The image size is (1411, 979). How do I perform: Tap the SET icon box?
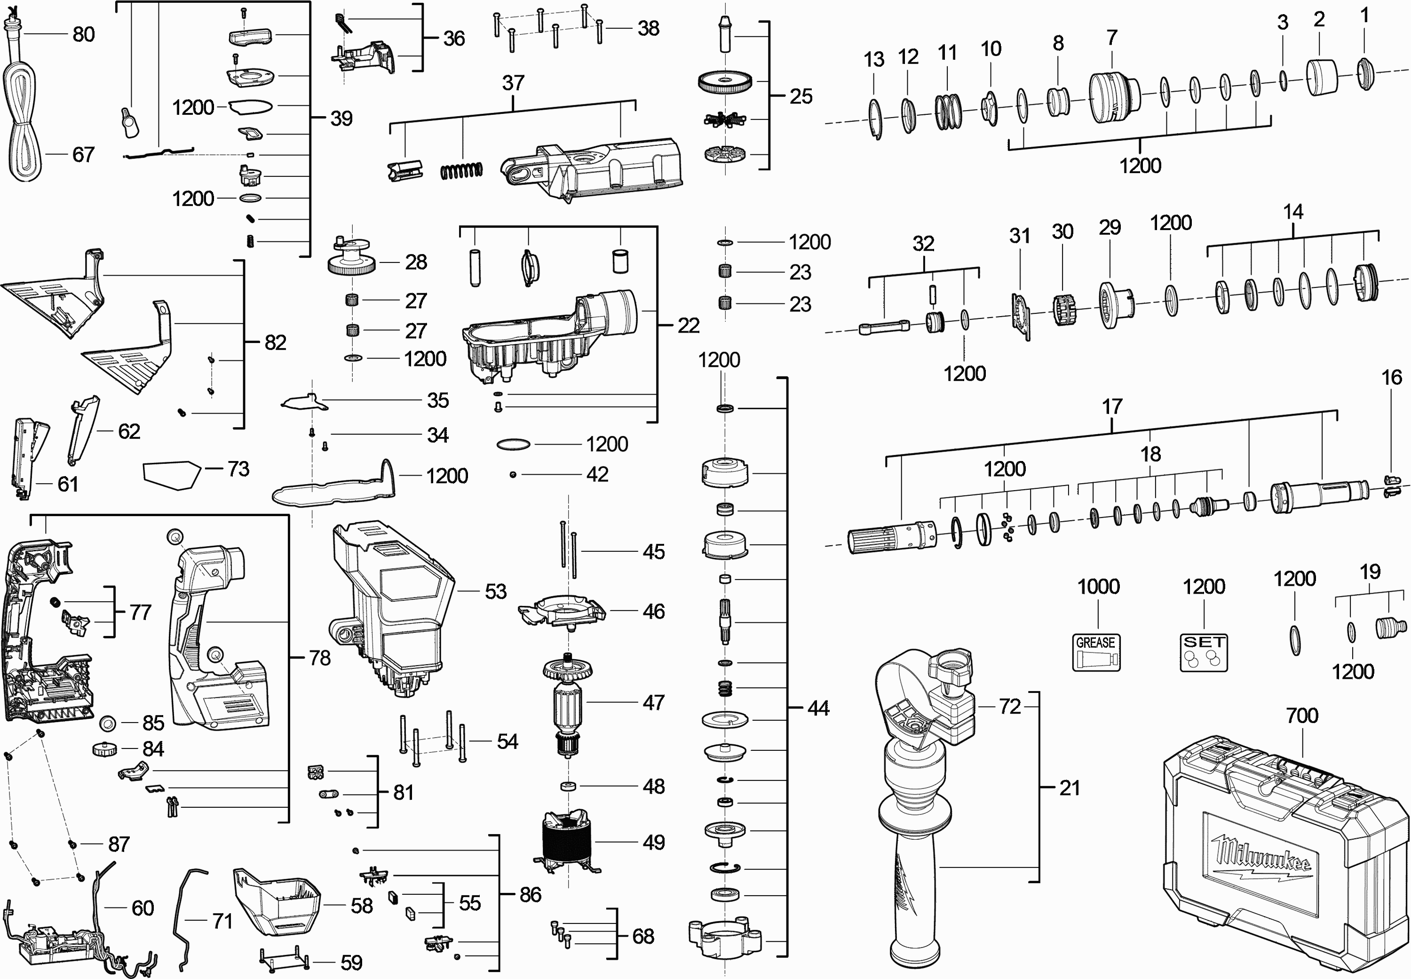(x=1204, y=653)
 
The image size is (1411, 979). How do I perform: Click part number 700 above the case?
(x=1302, y=715)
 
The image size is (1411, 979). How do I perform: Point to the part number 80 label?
(x=83, y=34)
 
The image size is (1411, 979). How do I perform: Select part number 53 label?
(x=495, y=591)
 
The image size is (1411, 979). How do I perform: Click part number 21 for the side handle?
(x=1070, y=788)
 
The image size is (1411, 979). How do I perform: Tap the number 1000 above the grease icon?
(x=1098, y=587)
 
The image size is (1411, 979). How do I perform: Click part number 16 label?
(x=1391, y=377)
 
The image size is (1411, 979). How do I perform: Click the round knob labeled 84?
(x=105, y=749)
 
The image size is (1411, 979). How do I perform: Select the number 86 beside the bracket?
(x=531, y=894)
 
